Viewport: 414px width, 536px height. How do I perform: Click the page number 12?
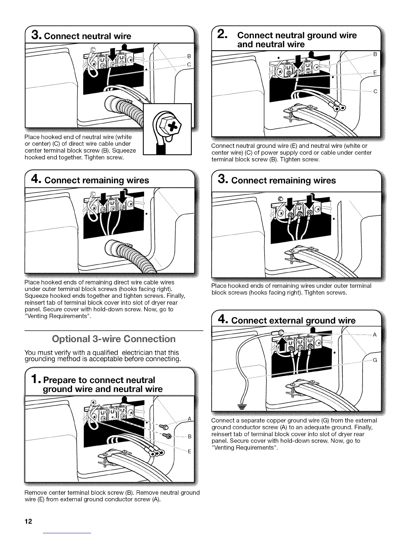[28, 521]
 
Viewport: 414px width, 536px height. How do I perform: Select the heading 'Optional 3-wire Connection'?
[114, 339]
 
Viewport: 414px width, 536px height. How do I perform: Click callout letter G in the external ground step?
[374, 360]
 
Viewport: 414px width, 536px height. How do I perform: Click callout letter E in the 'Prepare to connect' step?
[189, 451]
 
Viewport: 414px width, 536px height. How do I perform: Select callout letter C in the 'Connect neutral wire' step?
[189, 64]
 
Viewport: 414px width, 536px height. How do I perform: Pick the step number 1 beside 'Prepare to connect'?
[37, 380]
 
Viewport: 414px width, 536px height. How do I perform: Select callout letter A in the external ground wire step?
[374, 335]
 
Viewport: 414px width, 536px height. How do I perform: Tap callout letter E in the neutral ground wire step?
[375, 73]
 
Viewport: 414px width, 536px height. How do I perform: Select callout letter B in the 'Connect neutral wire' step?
[189, 56]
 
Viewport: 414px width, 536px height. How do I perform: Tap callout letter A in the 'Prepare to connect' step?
[189, 419]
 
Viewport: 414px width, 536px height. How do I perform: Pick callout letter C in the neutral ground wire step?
[375, 91]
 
